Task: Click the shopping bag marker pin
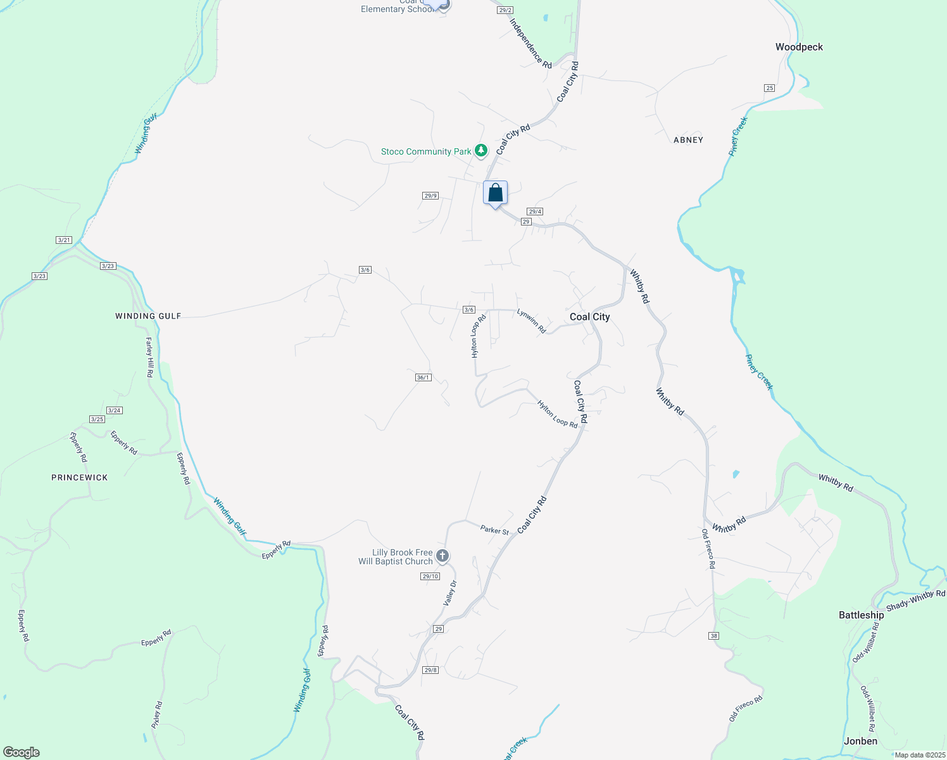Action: point(495,193)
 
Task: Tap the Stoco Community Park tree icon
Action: point(482,151)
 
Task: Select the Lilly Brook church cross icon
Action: point(442,556)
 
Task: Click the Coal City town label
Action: point(589,317)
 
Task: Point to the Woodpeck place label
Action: point(799,47)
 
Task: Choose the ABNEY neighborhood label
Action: point(688,140)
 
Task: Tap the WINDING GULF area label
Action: point(148,316)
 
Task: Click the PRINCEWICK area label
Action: point(80,478)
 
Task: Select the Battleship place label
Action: point(861,615)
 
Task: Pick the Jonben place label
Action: point(860,741)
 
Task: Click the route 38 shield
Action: point(714,635)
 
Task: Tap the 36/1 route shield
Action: point(423,377)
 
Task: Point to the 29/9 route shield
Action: point(430,196)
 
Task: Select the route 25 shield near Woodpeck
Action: point(769,87)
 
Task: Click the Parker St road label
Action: point(494,529)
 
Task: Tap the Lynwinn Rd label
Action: point(531,321)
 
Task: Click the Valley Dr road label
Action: point(450,593)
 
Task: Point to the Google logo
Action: point(22,752)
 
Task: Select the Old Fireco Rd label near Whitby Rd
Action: point(708,549)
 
